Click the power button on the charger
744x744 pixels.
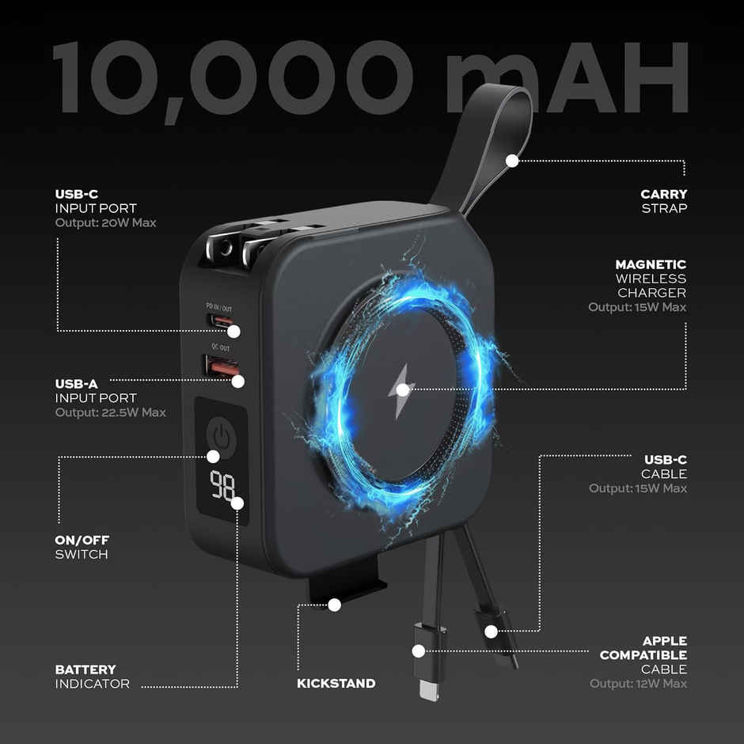221,437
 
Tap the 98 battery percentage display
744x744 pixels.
222,485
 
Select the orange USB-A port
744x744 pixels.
222,367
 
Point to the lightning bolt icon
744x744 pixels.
401,392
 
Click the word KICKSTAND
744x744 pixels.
336,683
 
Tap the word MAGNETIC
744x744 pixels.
651,264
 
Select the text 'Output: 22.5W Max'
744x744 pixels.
111,412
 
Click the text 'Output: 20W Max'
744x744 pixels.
105,222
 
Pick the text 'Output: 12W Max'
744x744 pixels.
638,683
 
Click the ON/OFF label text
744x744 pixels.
82,540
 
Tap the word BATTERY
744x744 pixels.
85,669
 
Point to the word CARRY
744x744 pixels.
663,194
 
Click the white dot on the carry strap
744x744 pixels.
512,161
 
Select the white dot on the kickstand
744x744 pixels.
335,605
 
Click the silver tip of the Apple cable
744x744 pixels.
429,689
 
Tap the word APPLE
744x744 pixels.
665,640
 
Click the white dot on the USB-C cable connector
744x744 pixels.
491,632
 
